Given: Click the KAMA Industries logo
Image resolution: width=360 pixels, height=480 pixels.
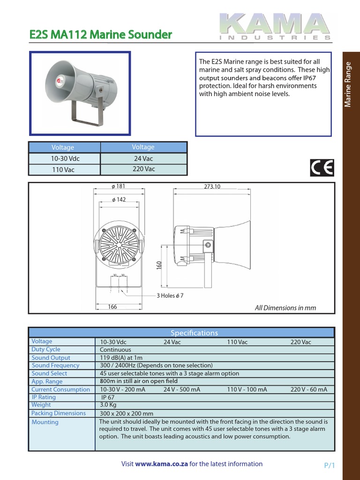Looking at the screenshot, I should pyautogui.click(x=276, y=26).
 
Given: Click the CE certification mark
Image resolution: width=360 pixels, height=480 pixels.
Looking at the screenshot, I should pyautogui.click(x=322, y=168).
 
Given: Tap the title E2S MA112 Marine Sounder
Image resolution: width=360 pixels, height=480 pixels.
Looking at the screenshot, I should pyautogui.click(x=101, y=34).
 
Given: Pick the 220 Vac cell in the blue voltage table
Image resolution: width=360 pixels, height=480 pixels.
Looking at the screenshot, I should pyautogui.click(x=143, y=169).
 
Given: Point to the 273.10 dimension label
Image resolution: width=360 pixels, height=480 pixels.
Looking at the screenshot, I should pyautogui.click(x=212, y=187).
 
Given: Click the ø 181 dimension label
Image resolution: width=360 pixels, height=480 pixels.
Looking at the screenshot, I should pyautogui.click(x=119, y=187).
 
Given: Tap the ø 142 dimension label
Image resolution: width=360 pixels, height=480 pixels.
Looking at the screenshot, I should pyautogui.click(x=119, y=200).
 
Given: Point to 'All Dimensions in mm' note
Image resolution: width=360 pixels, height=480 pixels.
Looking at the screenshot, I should pyautogui.click(x=285, y=308).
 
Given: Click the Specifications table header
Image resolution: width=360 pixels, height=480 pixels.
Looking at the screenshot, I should pyautogui.click(x=194, y=333).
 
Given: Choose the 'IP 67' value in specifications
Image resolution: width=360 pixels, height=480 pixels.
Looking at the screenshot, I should pyautogui.click(x=108, y=397).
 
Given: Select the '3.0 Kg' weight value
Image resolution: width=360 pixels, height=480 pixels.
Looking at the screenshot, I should pyautogui.click(x=108, y=405).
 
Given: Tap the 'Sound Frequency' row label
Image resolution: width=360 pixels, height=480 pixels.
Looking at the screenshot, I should pyautogui.click(x=55, y=365).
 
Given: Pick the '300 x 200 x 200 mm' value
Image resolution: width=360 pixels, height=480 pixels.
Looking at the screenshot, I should pyautogui.click(x=127, y=413).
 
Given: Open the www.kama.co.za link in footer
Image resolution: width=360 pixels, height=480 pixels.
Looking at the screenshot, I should pyautogui.click(x=162, y=464).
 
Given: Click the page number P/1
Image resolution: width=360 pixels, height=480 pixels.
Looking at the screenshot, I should pyautogui.click(x=330, y=465).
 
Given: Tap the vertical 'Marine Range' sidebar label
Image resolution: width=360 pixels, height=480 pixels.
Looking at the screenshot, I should pyautogui.click(x=348, y=84).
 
